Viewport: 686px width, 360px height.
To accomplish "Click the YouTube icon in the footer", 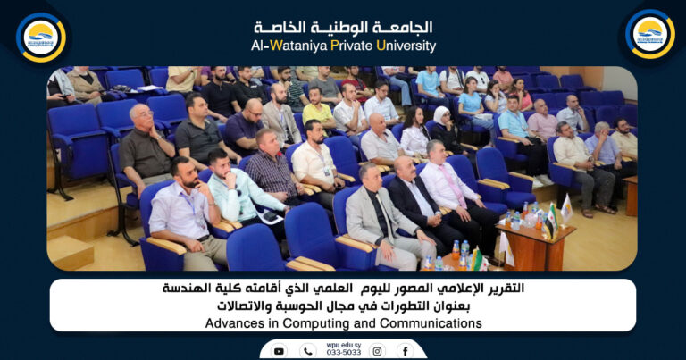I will coord(279,351).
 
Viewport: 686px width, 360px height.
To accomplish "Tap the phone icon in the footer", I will coord(308,351).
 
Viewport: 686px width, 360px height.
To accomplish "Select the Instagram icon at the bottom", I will coord(377,351).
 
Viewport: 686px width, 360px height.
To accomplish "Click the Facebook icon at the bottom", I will coord(405,351).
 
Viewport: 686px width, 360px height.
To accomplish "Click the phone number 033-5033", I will coord(343,352).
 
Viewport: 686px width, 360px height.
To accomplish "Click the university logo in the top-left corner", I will coord(40,36).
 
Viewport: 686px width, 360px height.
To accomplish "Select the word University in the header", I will coord(406,46).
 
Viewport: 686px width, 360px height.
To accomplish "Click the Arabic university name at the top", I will coord(343,28).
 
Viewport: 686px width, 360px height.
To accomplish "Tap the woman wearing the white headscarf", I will coord(444,125).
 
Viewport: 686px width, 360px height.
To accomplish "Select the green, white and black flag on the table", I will coord(551,218).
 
